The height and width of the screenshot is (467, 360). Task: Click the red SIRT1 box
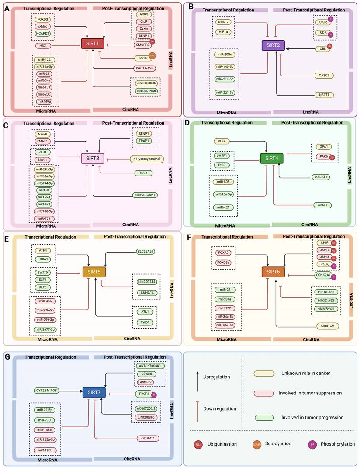point(91,44)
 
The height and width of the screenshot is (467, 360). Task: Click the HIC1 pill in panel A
point(43,45)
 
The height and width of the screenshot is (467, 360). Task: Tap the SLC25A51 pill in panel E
point(145,251)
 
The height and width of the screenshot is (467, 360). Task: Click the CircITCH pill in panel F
point(327,325)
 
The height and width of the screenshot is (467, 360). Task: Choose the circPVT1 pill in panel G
point(146,438)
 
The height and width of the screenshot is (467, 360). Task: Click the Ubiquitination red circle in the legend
point(197,444)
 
